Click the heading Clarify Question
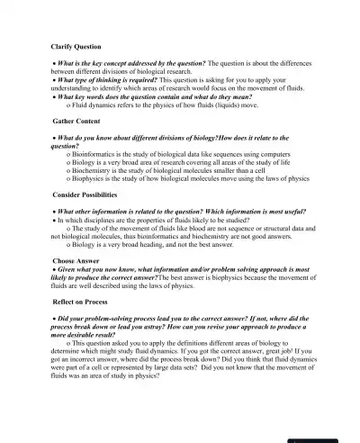click(76, 46)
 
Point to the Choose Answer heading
click(76, 260)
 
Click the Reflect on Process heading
click(83, 303)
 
